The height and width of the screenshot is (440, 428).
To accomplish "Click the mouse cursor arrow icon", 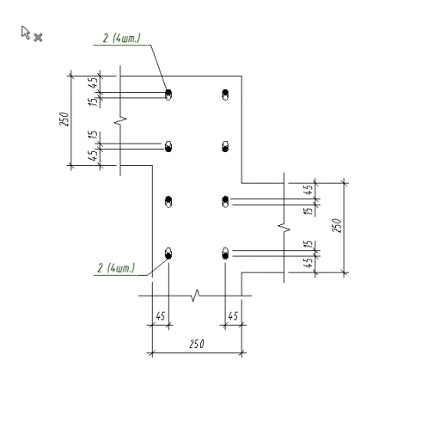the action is coord(25,33).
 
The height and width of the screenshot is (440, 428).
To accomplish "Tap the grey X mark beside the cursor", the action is coord(38,38).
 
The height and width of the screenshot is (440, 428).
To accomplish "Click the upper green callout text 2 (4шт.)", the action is coord(122,38).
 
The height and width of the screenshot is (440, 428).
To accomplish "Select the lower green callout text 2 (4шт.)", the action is coord(116,268).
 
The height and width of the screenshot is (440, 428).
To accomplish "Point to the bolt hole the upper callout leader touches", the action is coord(168,95).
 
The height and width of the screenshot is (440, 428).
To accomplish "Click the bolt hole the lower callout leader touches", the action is coord(168,254).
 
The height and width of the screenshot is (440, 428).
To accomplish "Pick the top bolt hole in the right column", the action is coord(225,95).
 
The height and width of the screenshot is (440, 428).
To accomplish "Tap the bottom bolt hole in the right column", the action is coord(225,254).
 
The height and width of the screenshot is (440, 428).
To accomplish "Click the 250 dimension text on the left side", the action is coord(65,119).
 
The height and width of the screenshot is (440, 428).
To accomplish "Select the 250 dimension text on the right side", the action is coord(337,225).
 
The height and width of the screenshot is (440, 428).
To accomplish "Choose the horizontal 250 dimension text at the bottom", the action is coord(197,344).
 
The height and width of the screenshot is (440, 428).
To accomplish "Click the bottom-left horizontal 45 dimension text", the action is coord(161,316).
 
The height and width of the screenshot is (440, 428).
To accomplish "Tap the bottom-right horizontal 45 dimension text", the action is coord(233,316).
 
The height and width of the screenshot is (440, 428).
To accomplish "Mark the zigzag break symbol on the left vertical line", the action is coord(120,120).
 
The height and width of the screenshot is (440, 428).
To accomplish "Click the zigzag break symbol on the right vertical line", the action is coord(284,228).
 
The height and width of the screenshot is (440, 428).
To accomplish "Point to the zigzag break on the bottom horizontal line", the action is coord(195,296).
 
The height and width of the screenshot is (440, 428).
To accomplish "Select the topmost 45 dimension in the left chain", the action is coord(93,83).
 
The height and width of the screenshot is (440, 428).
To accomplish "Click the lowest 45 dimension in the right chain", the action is coord(308,263).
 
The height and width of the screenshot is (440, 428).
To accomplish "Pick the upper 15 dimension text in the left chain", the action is coord(93,101).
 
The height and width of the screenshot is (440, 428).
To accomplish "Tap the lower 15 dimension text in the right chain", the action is coord(308,244).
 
